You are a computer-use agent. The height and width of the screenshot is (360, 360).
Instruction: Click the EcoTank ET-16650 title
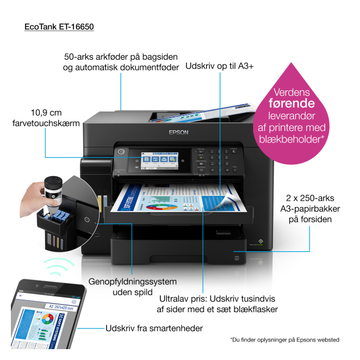point(59,26)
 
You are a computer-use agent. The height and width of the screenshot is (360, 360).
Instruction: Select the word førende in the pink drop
point(291,103)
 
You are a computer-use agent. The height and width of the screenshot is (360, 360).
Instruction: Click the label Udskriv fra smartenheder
point(154,328)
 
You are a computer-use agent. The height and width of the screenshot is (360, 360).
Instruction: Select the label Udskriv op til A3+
point(220,66)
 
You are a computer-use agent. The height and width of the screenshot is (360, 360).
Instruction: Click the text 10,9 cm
point(46,113)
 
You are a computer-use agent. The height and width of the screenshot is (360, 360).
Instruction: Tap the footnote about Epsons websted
point(284,340)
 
